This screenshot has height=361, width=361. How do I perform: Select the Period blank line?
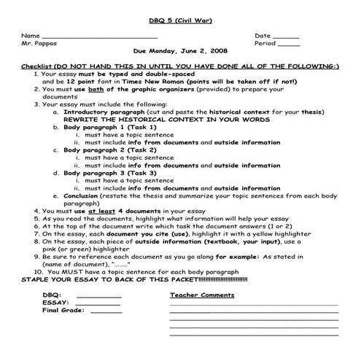tap(290, 44)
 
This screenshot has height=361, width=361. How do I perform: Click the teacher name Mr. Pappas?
tap(38, 44)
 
